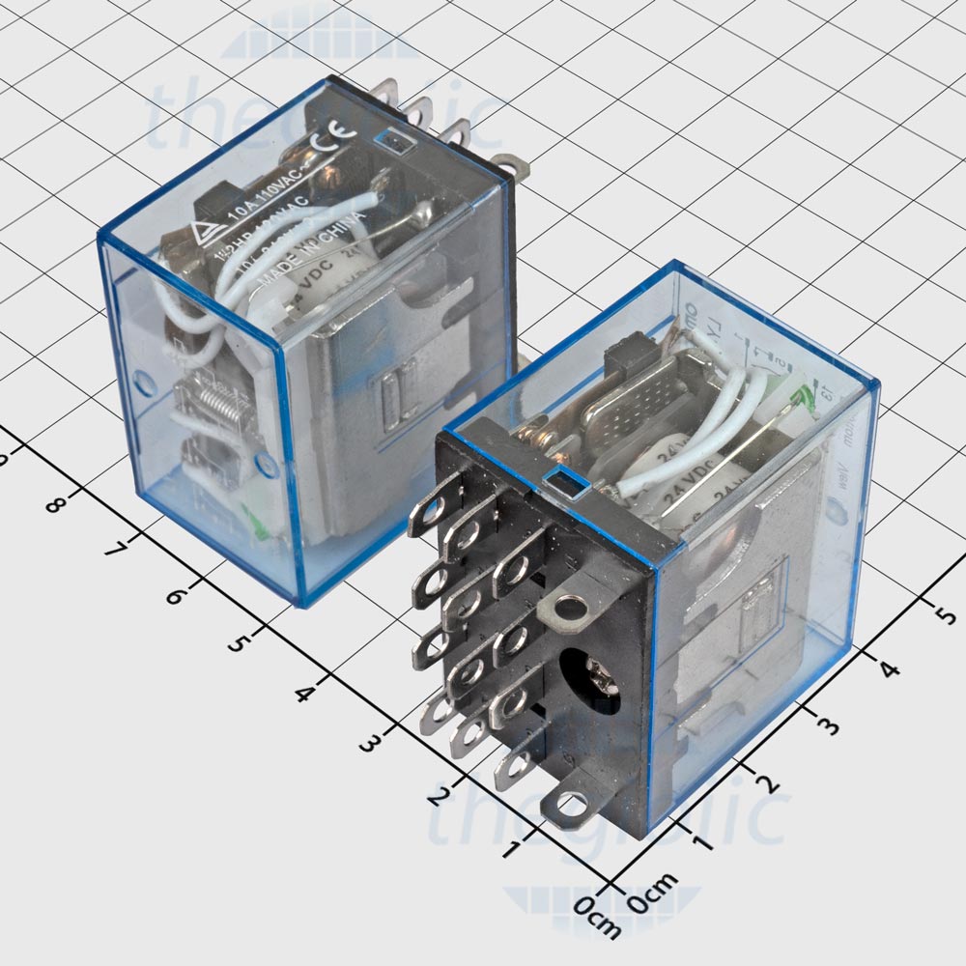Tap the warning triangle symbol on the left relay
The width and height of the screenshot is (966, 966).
[x=206, y=232]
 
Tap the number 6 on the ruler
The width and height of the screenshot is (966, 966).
[x=175, y=594]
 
